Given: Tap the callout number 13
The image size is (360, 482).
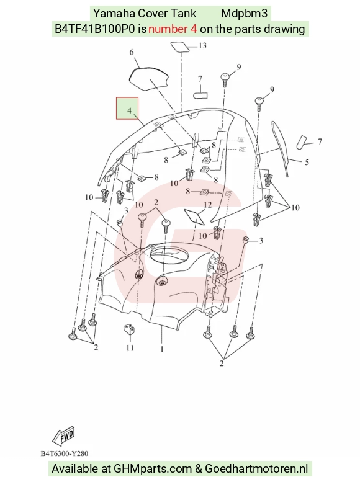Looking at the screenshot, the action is [x=202, y=46].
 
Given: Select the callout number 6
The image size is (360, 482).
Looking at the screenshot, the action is [x=132, y=52].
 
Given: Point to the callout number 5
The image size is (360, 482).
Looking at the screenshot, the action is [x=307, y=162].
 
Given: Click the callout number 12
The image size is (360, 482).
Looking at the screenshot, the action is [x=208, y=205].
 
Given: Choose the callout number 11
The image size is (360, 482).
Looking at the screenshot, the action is [x=130, y=347].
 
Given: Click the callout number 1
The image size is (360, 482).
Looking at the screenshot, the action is [x=162, y=349].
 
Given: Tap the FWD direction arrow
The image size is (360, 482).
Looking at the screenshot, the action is [x=64, y=436].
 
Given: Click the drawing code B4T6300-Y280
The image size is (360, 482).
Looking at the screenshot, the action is [x=65, y=453].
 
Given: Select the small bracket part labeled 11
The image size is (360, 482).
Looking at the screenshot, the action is [x=129, y=329].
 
